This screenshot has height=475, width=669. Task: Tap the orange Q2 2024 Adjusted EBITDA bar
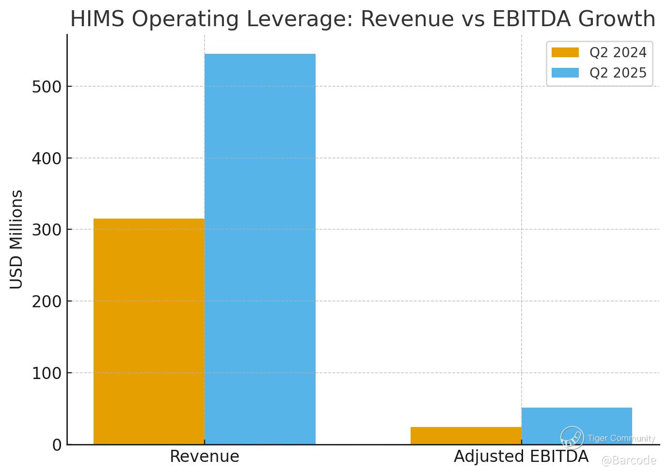[465, 435]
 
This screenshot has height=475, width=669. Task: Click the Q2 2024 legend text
[618, 52]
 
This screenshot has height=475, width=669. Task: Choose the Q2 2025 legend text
[618, 73]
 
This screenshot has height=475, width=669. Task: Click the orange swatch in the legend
[565, 52]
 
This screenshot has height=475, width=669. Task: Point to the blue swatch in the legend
[565, 73]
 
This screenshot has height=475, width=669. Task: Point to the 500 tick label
[47, 87]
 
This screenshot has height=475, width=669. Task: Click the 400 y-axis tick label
[47, 158]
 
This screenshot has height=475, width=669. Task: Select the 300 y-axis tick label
[47, 230]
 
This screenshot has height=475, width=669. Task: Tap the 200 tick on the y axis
[47, 301]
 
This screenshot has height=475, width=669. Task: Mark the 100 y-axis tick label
[47, 373]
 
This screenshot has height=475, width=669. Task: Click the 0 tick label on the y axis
[57, 445]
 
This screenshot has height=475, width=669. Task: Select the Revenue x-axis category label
[204, 457]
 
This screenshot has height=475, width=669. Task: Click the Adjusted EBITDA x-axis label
[521, 457]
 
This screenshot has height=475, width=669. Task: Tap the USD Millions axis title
[16, 239]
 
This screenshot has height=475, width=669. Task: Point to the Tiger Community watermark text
[621, 438]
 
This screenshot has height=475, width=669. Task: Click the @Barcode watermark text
[628, 460]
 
